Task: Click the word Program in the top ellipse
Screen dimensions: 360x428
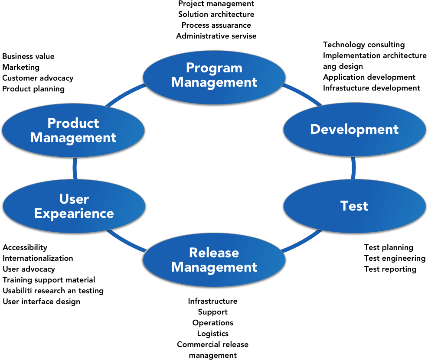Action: [214, 68]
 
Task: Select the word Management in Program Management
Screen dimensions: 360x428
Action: [214, 82]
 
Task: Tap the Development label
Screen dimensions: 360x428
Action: [354, 130]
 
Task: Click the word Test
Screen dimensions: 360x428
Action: [354, 206]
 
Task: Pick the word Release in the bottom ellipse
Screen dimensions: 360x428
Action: [214, 253]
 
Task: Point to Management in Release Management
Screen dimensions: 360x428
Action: [214, 267]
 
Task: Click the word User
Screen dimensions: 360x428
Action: [74, 199]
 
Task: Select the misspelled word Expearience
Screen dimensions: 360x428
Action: [74, 214]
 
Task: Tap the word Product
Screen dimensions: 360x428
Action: [73, 123]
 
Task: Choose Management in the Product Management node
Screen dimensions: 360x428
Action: [73, 138]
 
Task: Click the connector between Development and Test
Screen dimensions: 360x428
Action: [353, 168]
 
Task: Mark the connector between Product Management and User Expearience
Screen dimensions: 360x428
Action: [75, 168]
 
